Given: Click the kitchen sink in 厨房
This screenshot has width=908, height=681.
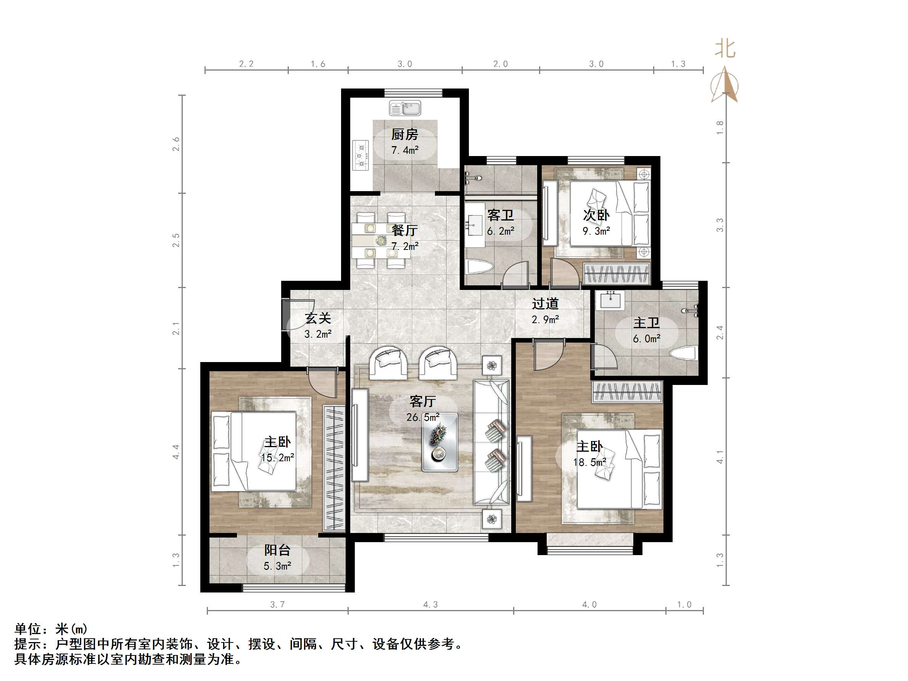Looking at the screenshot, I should (405, 108).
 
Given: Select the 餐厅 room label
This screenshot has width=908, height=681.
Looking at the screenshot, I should (404, 230).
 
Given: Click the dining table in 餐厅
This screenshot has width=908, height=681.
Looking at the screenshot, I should (380, 240).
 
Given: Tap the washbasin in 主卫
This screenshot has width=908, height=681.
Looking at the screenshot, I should (611, 301).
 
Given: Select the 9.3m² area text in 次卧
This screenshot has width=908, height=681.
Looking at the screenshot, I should (596, 231).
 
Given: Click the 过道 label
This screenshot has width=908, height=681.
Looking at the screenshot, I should (545, 304).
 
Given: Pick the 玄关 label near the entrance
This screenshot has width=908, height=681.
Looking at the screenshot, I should (318, 318).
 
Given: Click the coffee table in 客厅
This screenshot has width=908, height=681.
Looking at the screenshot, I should (440, 442).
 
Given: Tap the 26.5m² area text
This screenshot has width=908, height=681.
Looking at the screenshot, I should (423, 417).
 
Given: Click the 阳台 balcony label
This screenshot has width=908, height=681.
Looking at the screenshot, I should (277, 550).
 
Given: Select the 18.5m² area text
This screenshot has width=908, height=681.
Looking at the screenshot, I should (589, 463).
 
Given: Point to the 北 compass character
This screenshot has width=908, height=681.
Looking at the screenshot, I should (725, 49).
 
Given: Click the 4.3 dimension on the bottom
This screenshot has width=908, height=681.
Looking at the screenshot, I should (430, 604).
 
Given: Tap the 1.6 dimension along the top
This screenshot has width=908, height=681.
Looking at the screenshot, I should (318, 64).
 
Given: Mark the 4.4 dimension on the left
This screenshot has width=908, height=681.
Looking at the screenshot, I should (176, 452).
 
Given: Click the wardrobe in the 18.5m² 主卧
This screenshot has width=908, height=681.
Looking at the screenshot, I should (627, 391).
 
